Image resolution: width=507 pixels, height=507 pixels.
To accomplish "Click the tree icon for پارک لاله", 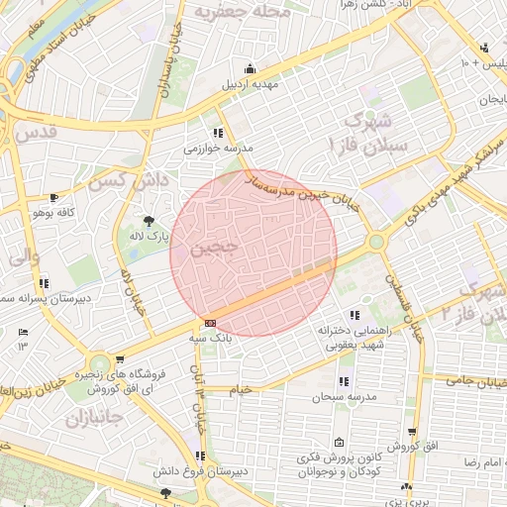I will tap(149, 220).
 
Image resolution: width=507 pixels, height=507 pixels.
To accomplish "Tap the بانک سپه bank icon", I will tap(210, 323).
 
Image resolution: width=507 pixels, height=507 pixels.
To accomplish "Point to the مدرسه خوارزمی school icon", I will tap(218, 133).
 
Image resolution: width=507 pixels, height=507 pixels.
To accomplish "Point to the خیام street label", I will tap(240, 389).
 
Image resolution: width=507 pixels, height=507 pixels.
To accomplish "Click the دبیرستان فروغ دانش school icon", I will tap(200, 456).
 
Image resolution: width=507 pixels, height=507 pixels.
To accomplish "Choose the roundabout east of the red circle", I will tap(375, 242).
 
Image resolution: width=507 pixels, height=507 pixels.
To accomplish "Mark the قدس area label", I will tap(32, 132).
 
